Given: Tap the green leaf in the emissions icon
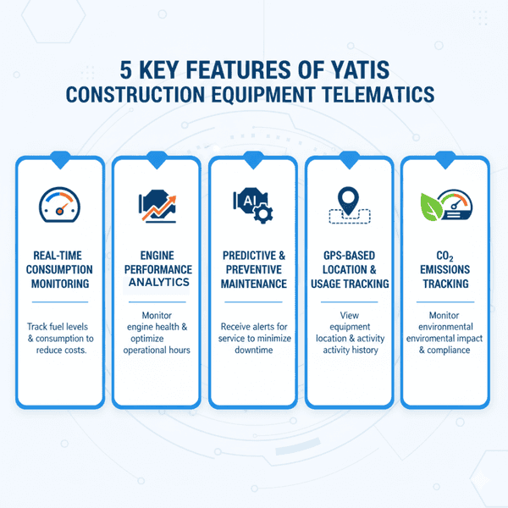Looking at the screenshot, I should pyautogui.click(x=432, y=204).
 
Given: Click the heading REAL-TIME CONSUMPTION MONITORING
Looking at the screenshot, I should pyautogui.click(x=59, y=269).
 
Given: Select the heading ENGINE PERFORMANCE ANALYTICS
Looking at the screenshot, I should pyautogui.click(x=157, y=269).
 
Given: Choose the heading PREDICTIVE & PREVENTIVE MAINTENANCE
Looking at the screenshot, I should pyautogui.click(x=254, y=269).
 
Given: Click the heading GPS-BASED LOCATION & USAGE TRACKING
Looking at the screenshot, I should pyautogui.click(x=349, y=269).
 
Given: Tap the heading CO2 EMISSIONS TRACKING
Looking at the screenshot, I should pyautogui.click(x=445, y=269).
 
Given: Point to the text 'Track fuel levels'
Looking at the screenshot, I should pyautogui.click(x=60, y=327).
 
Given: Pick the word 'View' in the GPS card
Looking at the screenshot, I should pyautogui.click(x=350, y=316).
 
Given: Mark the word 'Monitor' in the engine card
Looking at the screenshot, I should pyautogui.click(x=157, y=314).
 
